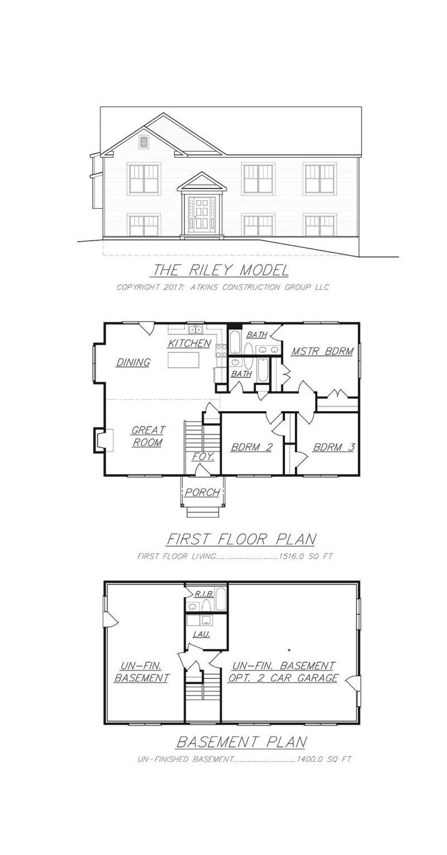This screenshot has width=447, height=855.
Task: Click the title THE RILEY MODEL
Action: [221, 270]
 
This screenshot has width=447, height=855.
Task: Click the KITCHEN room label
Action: [189, 344]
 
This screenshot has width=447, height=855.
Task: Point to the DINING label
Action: [133, 363]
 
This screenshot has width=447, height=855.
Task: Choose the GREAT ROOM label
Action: [148, 436]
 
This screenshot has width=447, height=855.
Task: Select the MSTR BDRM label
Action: [322, 351]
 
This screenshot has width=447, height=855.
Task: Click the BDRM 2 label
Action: [251, 447]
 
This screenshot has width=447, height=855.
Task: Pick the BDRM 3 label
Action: [333, 447]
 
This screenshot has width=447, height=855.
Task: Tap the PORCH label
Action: [202, 492]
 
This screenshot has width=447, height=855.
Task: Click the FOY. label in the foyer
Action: [203, 457]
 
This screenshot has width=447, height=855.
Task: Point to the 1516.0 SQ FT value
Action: [306, 557]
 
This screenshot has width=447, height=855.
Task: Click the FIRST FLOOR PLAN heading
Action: [241, 539]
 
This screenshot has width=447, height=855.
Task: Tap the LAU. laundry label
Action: [201, 634]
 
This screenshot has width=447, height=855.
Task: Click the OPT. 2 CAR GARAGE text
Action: [283, 678]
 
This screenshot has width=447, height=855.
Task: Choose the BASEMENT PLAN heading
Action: [241, 742]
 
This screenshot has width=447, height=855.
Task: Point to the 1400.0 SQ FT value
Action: [324, 759]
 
